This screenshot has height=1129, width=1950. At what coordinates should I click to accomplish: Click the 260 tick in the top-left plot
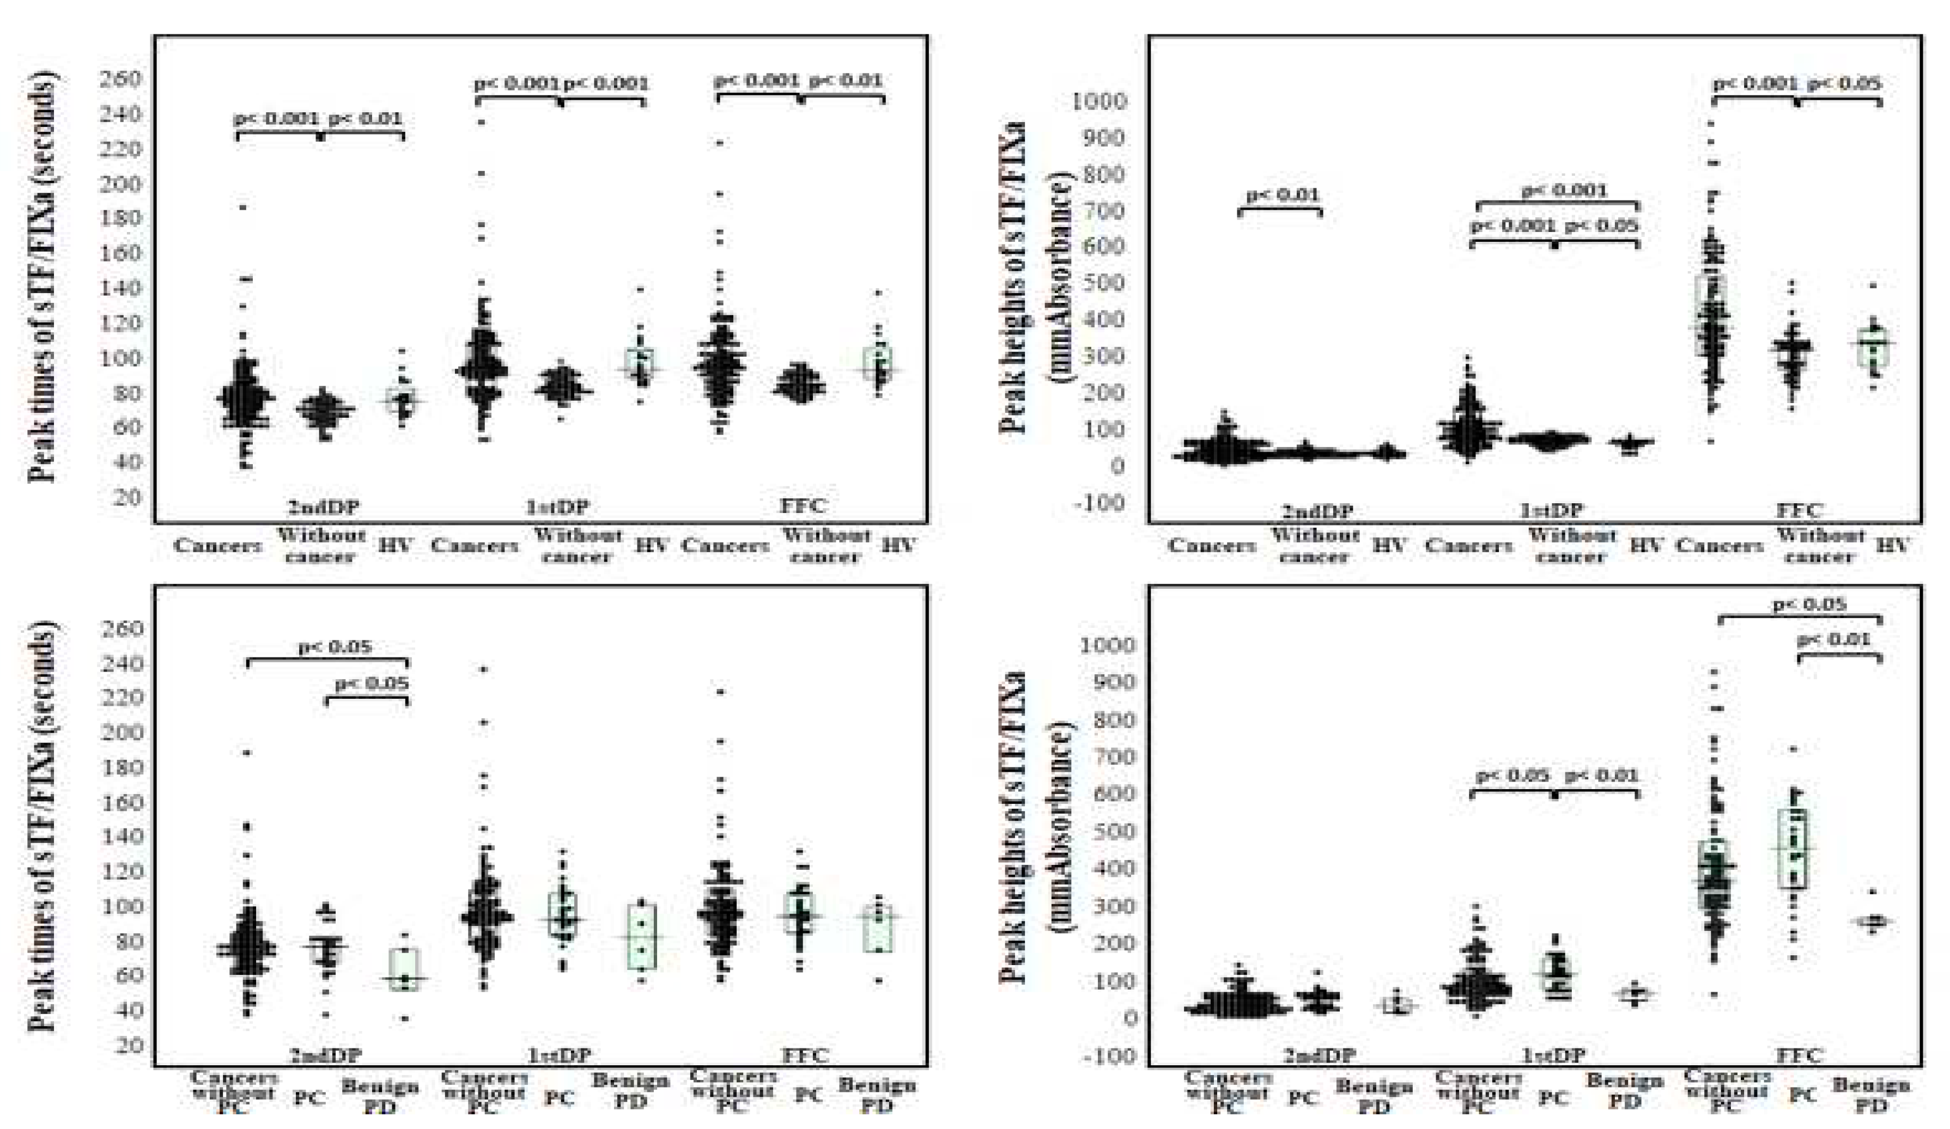pyautogui.click(x=119, y=80)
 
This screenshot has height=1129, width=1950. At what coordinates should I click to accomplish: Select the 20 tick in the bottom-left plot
pyautogui.click(x=127, y=1045)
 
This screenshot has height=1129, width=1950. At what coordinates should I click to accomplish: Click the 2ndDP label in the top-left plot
pyautogui.click(x=324, y=506)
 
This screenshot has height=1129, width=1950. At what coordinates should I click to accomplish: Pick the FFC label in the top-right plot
pyautogui.click(x=1799, y=510)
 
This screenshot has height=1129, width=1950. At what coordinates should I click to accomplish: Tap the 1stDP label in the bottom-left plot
pyautogui.click(x=558, y=1055)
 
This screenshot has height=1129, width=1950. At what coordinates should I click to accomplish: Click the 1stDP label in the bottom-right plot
pyautogui.click(x=1552, y=1055)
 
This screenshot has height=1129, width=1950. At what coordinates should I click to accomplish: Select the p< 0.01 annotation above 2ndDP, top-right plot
pyautogui.click(x=1281, y=195)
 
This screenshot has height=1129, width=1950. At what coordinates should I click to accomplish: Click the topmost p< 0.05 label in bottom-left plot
pyautogui.click(x=335, y=646)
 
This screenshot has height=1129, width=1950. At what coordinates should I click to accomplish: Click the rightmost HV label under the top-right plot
pyautogui.click(x=1893, y=545)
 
